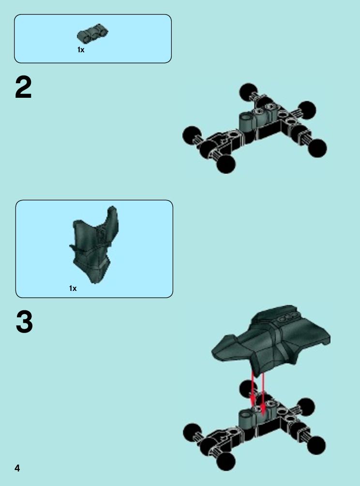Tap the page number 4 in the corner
tap(17, 468)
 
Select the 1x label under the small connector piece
tap(81, 50)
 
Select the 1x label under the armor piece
tap(73, 288)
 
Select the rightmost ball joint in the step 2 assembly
tap(317, 148)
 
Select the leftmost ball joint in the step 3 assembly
tap(192, 432)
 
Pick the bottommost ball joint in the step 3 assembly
tap(226, 462)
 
